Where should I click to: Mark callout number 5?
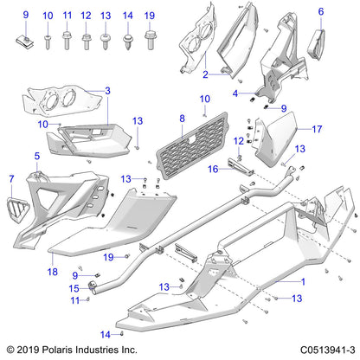pos(36,157)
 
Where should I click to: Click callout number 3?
pos(107,91)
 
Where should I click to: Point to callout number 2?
pos(204,75)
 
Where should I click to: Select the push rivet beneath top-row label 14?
pos(127,40)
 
